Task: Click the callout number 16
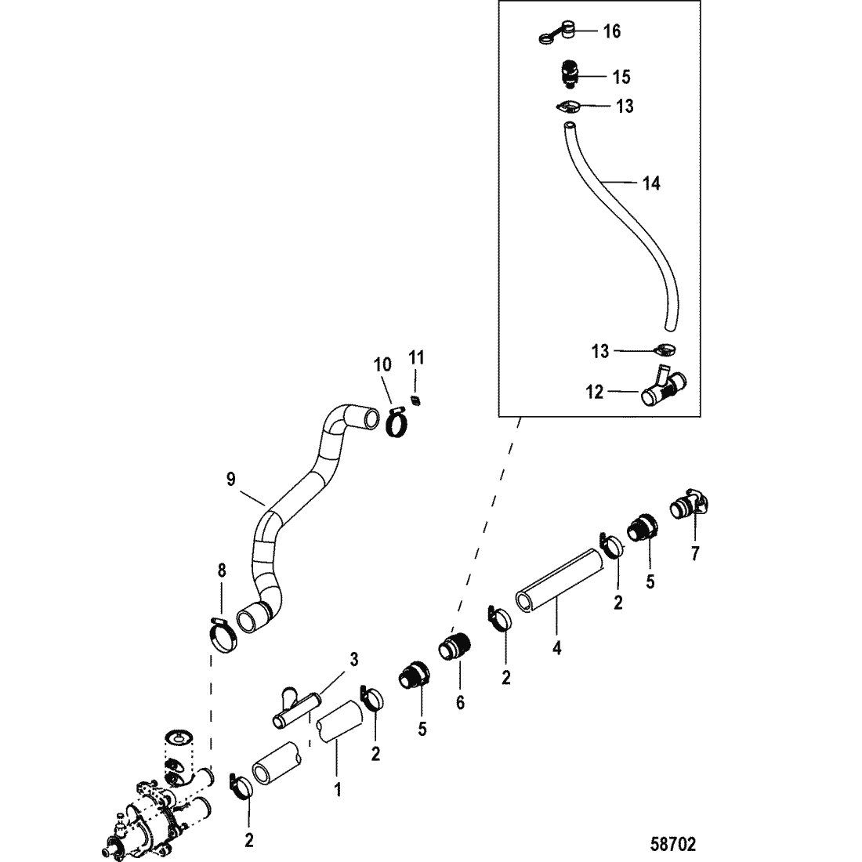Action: point(612,31)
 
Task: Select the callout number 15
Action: point(621,77)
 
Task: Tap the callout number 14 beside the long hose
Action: point(651,183)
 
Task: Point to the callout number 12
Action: point(594,392)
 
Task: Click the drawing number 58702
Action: point(673,844)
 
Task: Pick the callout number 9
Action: point(231,480)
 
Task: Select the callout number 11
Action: point(416,358)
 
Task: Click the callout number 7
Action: point(695,553)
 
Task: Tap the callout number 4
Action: point(557,649)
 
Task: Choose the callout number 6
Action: point(460,702)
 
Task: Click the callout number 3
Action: point(354,659)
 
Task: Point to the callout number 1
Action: point(338,790)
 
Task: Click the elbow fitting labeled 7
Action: point(690,505)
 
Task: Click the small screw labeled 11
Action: point(416,400)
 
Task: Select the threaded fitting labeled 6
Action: point(455,647)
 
